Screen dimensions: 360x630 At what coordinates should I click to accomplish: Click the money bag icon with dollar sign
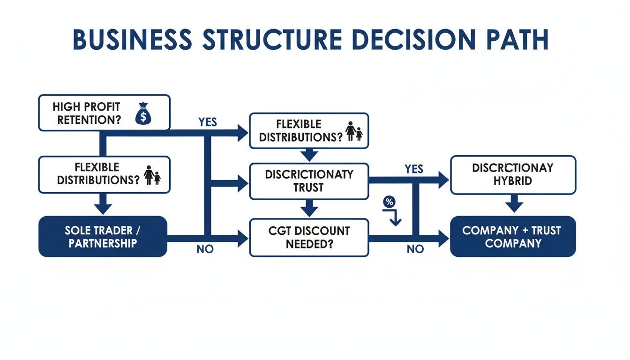tap(143, 115)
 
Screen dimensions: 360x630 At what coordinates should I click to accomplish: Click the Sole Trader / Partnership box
tap(103, 237)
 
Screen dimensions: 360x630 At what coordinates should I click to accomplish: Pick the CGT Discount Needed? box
tap(309, 238)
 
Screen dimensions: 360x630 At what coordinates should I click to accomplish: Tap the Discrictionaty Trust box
tap(309, 181)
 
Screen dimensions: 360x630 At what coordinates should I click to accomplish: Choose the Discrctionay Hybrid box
tap(513, 174)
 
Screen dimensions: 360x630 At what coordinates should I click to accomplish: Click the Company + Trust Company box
tap(513, 237)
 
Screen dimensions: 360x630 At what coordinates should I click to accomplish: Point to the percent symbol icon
tap(389, 202)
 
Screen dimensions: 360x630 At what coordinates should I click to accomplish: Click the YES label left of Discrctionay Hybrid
tap(413, 169)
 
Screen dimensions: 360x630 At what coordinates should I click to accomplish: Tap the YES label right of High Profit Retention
tap(207, 122)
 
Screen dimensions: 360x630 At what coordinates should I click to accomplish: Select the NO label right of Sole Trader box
tap(205, 249)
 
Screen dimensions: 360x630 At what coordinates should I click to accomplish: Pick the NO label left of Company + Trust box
tap(415, 249)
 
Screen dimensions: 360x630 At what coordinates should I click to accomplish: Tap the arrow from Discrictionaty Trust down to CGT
tap(309, 208)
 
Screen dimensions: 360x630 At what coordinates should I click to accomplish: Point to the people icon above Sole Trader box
tap(153, 175)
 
